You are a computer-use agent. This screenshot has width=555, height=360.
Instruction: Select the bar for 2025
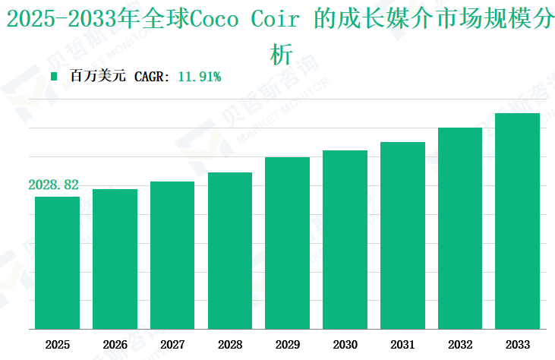[57, 263]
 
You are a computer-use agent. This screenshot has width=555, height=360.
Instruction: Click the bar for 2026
[115, 259]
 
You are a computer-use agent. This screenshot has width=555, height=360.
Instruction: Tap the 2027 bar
[172, 255]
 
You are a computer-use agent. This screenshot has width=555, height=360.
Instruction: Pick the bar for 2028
[230, 251]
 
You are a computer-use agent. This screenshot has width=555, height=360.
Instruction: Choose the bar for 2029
[287, 243]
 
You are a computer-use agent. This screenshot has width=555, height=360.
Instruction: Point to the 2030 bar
[345, 239]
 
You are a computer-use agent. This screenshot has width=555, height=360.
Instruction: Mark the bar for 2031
[402, 235]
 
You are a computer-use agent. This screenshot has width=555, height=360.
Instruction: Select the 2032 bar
[460, 228]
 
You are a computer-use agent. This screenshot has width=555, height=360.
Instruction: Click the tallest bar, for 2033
[517, 221]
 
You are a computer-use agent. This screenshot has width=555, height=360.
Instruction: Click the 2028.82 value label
[54, 185]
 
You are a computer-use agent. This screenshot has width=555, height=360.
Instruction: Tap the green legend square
[54, 76]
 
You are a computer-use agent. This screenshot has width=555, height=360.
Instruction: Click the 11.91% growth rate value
[199, 76]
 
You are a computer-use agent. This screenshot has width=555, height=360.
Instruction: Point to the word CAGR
[152, 76]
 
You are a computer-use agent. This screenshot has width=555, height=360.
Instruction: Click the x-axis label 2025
[57, 344]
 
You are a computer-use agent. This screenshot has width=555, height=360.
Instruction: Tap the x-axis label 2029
[287, 344]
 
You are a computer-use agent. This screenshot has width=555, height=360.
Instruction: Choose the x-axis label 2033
[517, 344]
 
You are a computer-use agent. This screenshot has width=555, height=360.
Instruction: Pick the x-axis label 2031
[402, 344]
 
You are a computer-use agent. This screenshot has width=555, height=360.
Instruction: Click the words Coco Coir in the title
[242, 20]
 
